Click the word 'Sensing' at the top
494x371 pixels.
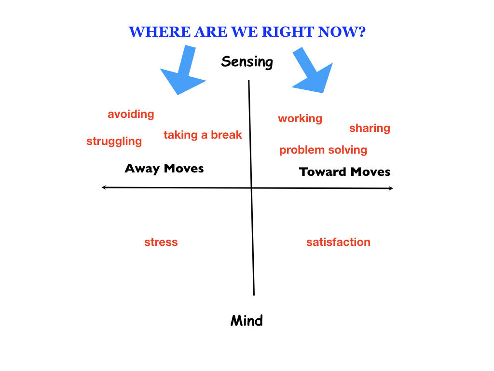pos(247,62)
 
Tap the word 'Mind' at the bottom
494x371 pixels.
pos(247,321)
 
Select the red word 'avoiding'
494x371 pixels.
pos(131,114)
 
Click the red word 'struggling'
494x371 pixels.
pos(114,142)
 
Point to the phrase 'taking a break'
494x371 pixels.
pos(203,135)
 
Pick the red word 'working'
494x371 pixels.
pos(300,119)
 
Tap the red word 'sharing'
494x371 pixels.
pos(370,128)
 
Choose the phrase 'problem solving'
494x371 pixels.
pos(323,150)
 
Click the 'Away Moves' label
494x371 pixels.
pos(164,169)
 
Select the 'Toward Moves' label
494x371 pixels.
pos(344,172)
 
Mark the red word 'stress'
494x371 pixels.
pos(161,243)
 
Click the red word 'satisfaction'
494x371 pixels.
pos(338,243)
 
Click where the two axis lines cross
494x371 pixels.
pos(251,188)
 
